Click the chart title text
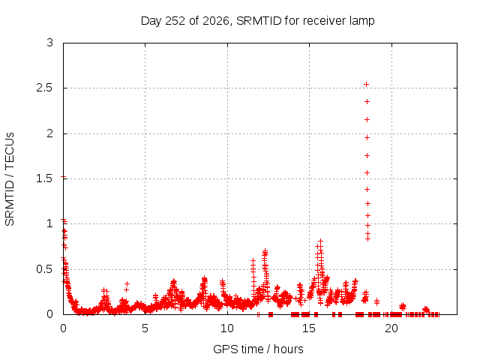[x=257, y=21]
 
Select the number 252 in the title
[x=175, y=21]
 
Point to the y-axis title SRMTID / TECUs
[x=10, y=179]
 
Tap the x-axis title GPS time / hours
[x=258, y=349]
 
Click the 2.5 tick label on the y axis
[x=45, y=88]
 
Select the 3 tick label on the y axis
[x=50, y=43]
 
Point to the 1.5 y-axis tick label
[x=45, y=178]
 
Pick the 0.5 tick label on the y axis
[x=45, y=269]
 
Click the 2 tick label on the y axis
[x=50, y=133]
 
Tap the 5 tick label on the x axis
[x=145, y=328]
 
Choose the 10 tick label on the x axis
[x=227, y=328]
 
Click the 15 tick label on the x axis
[x=309, y=328]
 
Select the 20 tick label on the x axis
[x=391, y=328]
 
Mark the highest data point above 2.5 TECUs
[x=366, y=85]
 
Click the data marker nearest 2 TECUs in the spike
[x=367, y=138]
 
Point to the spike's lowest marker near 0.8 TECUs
[x=367, y=238]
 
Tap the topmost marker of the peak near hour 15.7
[x=320, y=241]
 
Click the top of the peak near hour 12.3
[x=265, y=250]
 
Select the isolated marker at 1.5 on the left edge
[x=63, y=177]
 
